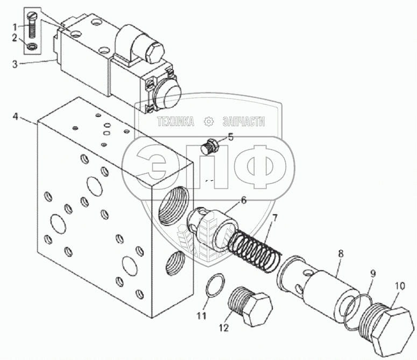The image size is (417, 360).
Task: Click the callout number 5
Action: (230, 137)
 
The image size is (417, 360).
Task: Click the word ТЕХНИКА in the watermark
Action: (175, 122)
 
